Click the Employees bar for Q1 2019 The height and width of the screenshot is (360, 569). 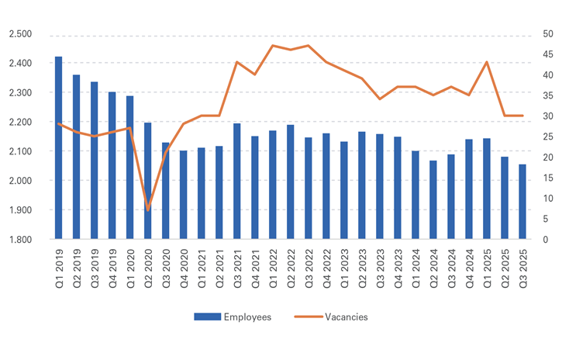[x=58, y=147]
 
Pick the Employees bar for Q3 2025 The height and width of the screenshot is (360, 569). [x=522, y=202]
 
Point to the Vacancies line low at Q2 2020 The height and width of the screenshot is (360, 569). [x=147, y=209]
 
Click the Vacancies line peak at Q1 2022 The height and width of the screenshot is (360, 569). [x=272, y=46]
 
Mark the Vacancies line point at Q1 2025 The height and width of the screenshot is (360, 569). [x=487, y=62]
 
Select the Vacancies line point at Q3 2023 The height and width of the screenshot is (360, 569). [x=380, y=99]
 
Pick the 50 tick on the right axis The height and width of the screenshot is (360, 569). [x=547, y=34]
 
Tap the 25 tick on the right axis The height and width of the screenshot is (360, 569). [x=547, y=137]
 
